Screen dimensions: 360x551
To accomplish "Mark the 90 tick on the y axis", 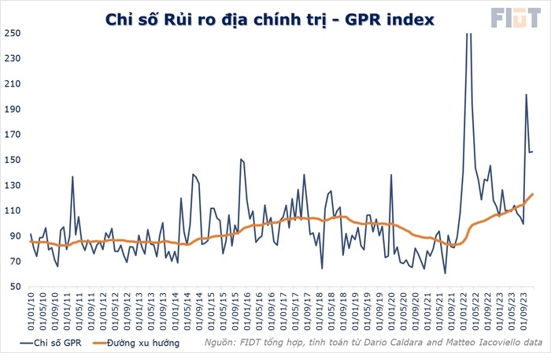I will (x=14, y=236).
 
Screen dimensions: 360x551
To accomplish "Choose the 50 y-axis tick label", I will (x=14, y=288).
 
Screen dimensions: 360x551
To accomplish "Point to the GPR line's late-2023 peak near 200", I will (x=526, y=95).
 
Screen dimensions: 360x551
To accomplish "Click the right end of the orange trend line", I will (x=532, y=194).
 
